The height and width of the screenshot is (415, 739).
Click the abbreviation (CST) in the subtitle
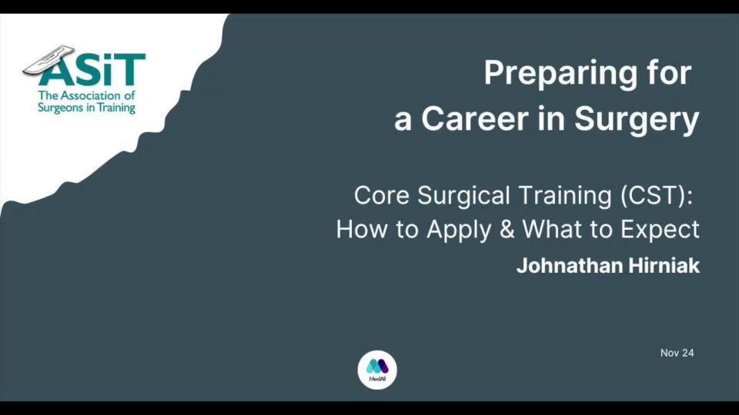tap(653, 196)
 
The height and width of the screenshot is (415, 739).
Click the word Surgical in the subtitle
tap(463, 197)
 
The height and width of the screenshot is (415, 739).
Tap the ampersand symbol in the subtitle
tap(507, 229)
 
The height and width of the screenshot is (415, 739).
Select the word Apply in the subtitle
tap(459, 231)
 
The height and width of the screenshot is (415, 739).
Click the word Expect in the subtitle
tap(660, 230)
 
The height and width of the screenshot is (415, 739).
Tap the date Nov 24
tap(677, 353)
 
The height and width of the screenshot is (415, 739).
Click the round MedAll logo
tap(377, 370)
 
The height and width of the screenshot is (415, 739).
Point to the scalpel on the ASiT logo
tap(49, 60)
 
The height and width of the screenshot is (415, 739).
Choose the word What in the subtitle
tap(553, 229)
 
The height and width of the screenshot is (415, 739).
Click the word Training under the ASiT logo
tap(116, 108)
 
